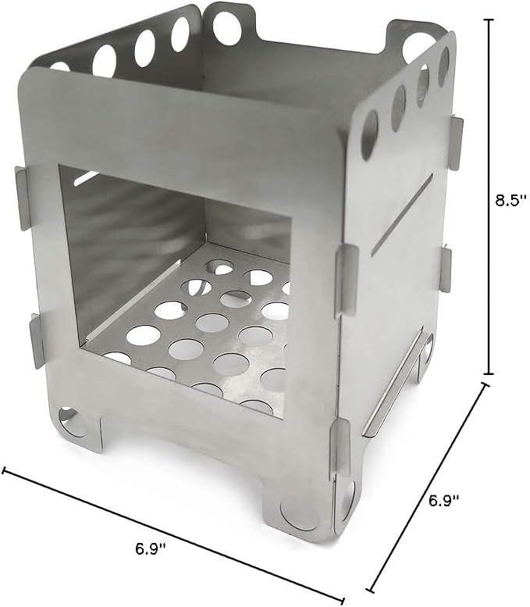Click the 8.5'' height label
click(511, 201)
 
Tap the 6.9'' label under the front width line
click(151, 548)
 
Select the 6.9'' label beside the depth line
click(443, 500)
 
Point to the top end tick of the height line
click(489, 20)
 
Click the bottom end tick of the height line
click(489, 374)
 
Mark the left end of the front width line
click(4, 470)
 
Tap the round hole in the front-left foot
click(73, 422)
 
